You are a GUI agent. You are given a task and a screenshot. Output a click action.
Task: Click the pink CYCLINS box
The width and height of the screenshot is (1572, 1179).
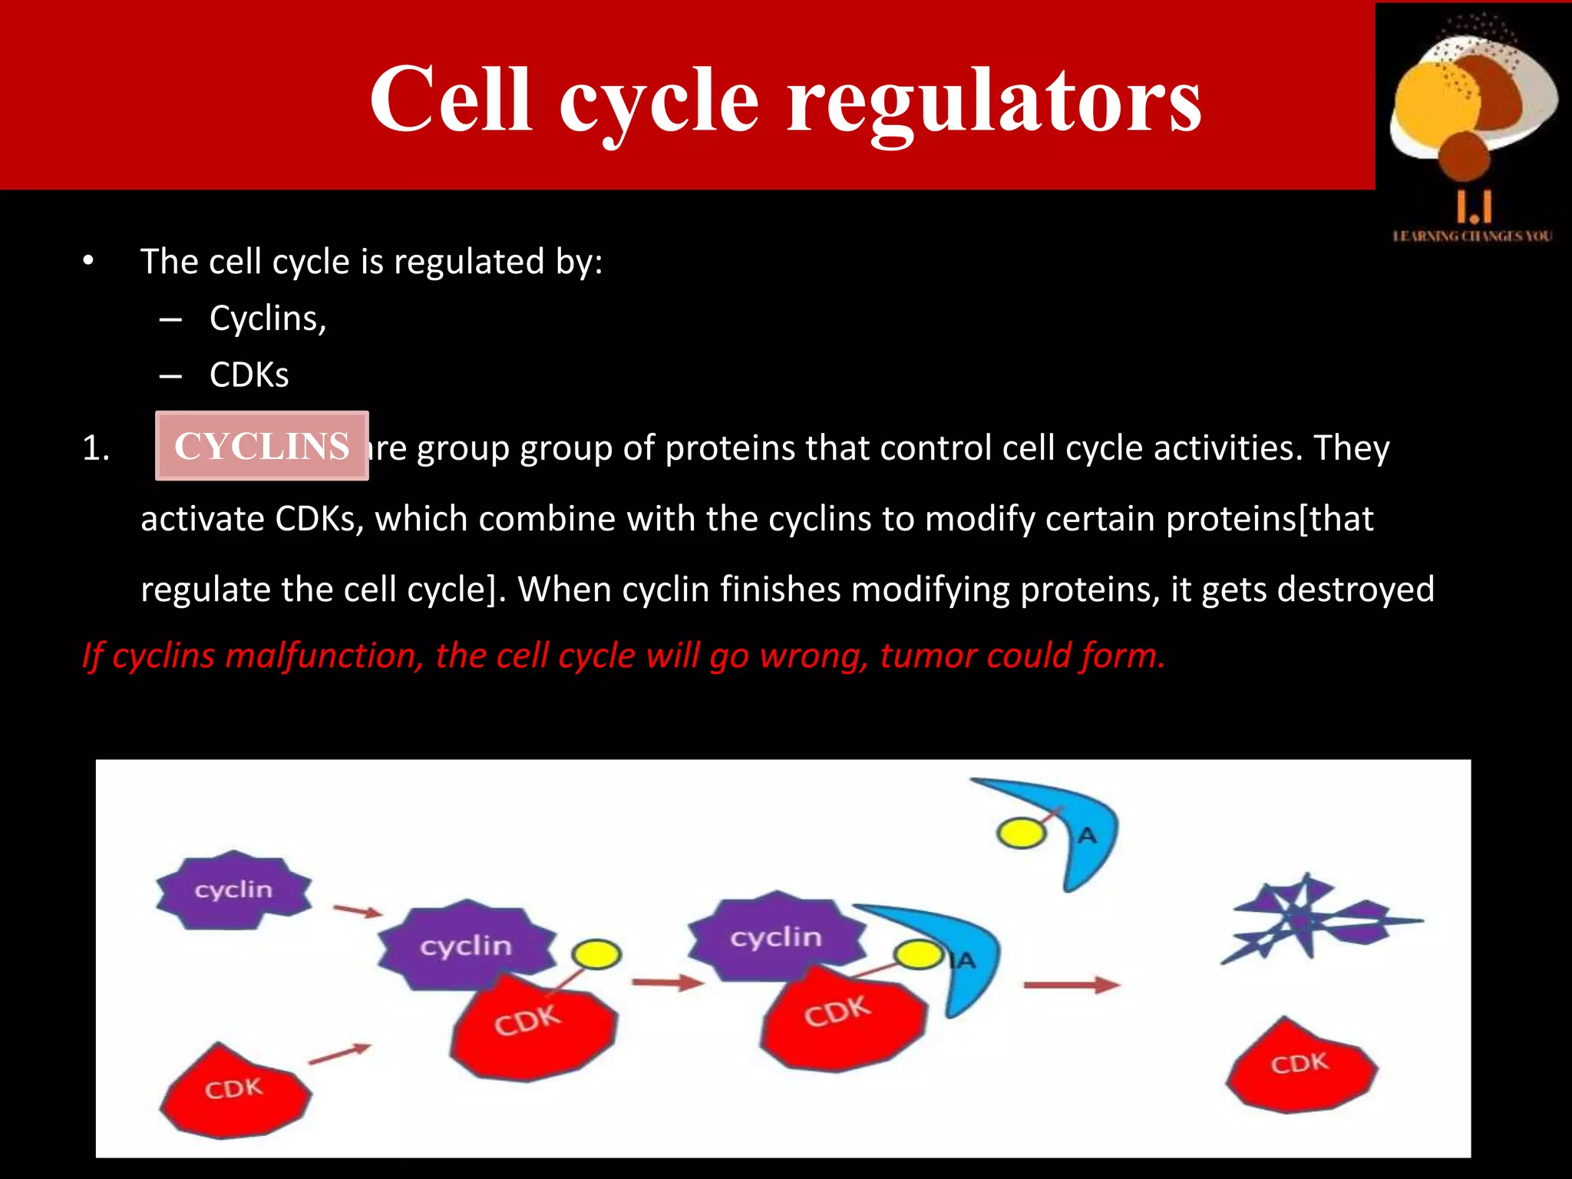tap(262, 446)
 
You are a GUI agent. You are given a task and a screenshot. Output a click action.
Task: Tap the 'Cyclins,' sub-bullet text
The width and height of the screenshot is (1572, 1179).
tap(268, 319)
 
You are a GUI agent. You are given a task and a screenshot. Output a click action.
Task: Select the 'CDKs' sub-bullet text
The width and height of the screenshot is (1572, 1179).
tap(249, 375)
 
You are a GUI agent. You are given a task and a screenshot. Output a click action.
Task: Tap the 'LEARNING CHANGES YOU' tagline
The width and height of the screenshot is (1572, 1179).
tap(1472, 236)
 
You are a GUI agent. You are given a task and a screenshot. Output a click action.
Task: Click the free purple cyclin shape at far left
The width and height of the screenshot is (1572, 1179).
tap(233, 890)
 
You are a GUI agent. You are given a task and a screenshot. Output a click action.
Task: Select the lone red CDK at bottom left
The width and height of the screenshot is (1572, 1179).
tap(234, 1090)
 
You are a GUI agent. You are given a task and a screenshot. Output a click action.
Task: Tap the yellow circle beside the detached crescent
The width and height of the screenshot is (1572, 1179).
tap(1020, 834)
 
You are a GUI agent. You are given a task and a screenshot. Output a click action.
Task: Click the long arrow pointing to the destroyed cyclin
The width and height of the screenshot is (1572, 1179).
tap(1070, 985)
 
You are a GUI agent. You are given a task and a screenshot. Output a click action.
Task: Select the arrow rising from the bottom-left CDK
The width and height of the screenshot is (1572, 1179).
tap(339, 1054)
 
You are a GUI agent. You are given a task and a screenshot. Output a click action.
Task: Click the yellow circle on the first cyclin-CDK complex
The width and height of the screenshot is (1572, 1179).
tap(596, 954)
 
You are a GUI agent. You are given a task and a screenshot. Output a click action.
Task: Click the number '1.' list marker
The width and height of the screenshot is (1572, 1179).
tap(96, 448)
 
